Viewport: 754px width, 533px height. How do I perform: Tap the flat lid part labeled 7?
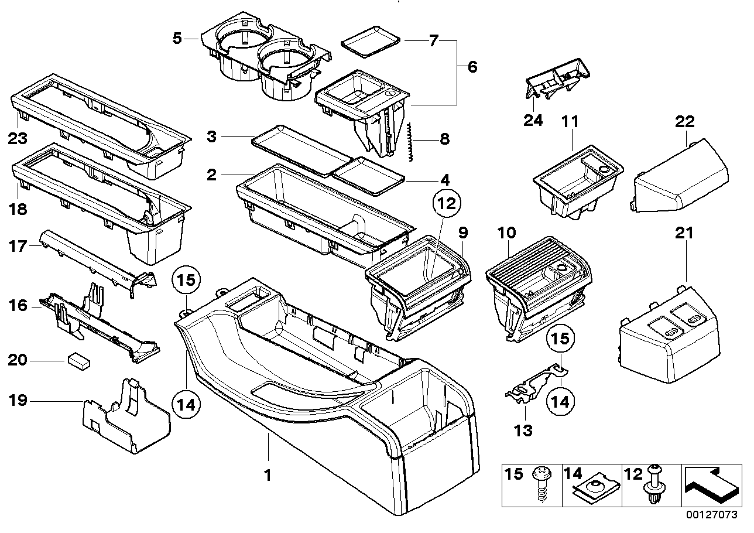click(371, 44)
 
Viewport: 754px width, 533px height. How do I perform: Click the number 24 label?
click(533, 121)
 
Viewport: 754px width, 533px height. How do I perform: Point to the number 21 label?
click(684, 233)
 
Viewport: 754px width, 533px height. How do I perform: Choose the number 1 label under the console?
click(268, 476)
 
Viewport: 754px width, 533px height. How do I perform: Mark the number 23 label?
click(18, 139)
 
